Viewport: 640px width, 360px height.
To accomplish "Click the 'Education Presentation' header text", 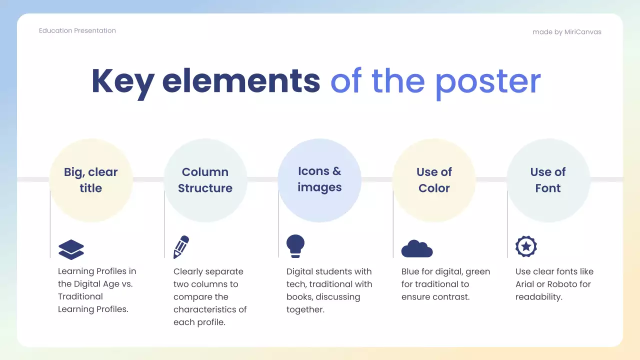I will click(x=77, y=30).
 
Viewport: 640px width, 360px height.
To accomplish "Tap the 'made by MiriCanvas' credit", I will click(x=566, y=32).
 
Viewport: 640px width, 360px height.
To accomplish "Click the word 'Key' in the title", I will click(x=122, y=80).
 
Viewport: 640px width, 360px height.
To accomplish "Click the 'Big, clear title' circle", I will click(x=91, y=180).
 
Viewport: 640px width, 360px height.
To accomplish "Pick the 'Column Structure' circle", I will click(x=205, y=180).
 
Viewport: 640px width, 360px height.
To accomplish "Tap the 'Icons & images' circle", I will click(x=319, y=180).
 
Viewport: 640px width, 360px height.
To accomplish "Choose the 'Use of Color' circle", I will click(x=433, y=180).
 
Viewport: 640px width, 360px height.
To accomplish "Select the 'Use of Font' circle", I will click(x=548, y=180).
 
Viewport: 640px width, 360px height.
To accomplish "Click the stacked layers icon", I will click(x=71, y=249).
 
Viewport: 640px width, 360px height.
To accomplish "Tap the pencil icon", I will click(x=181, y=247).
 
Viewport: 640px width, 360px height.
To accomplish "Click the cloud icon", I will click(x=416, y=248).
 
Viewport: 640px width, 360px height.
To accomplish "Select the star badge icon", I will click(x=526, y=246).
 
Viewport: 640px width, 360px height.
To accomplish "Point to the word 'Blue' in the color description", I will click(x=411, y=271).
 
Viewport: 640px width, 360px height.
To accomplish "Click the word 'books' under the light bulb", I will click(x=299, y=297).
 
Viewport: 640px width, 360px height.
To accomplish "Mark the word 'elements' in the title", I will click(x=241, y=80).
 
